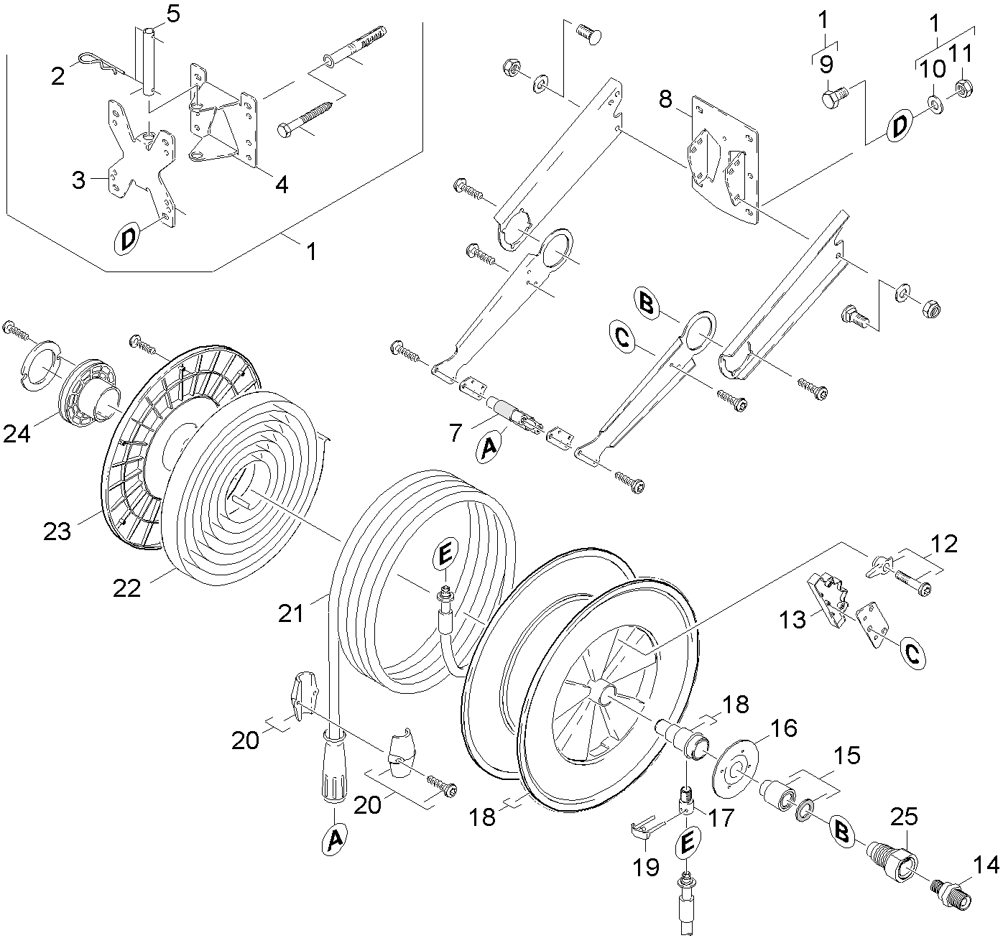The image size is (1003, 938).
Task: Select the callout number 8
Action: [x=666, y=99]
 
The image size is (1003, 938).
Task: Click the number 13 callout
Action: [x=794, y=619]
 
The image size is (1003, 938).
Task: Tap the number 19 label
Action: [x=647, y=866]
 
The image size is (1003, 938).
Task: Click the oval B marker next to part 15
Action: [x=842, y=832]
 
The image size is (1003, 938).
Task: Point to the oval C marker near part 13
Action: [x=911, y=654]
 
